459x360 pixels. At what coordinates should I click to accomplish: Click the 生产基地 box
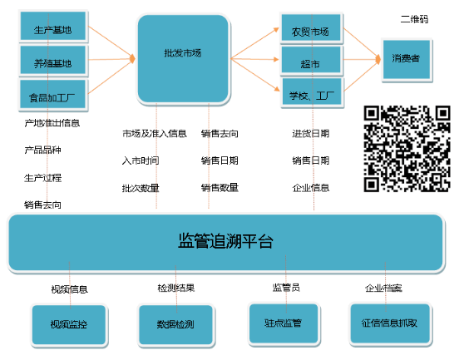(53, 26)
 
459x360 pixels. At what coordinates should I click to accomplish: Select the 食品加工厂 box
(53, 94)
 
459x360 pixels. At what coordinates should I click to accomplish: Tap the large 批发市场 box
(183, 59)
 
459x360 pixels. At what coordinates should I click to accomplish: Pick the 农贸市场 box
(311, 27)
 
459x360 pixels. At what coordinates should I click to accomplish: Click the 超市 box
(311, 60)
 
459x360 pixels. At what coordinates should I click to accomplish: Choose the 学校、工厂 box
(312, 92)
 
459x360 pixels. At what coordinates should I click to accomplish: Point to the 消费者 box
(407, 59)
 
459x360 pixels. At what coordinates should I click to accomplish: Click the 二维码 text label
(414, 19)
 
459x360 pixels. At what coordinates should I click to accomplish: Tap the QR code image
(407, 149)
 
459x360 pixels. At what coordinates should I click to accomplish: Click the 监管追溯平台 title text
(225, 241)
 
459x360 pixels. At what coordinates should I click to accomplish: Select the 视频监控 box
(69, 325)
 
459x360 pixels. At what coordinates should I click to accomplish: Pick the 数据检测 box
(175, 325)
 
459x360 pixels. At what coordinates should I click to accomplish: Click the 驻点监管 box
(284, 323)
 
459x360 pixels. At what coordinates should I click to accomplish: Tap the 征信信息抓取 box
(390, 323)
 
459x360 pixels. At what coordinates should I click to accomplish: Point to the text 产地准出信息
(52, 123)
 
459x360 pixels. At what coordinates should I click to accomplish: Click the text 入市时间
(141, 160)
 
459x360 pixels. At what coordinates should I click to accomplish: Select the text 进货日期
(311, 134)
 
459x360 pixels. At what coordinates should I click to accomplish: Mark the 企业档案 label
(383, 288)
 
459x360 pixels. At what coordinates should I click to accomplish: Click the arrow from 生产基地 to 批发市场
(111, 42)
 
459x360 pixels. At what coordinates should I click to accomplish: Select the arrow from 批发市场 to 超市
(254, 59)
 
